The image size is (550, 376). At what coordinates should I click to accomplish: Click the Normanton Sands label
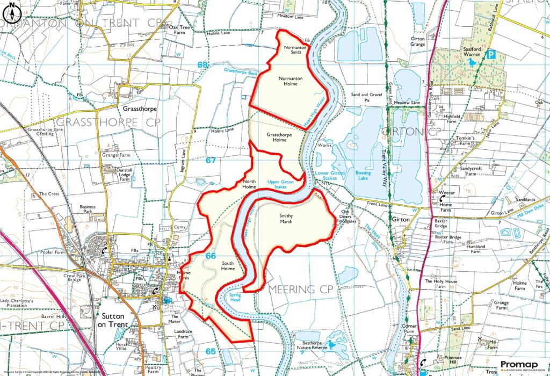tap(295, 50)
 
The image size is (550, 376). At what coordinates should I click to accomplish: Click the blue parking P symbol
tap(490, 54)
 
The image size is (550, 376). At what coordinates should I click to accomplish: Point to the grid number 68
tap(202, 65)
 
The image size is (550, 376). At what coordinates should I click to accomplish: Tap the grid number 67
tap(211, 160)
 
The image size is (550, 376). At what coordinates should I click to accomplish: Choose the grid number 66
tap(211, 256)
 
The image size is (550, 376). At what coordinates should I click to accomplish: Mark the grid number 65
tap(211, 351)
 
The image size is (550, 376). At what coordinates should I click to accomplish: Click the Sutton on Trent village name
tap(113, 320)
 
